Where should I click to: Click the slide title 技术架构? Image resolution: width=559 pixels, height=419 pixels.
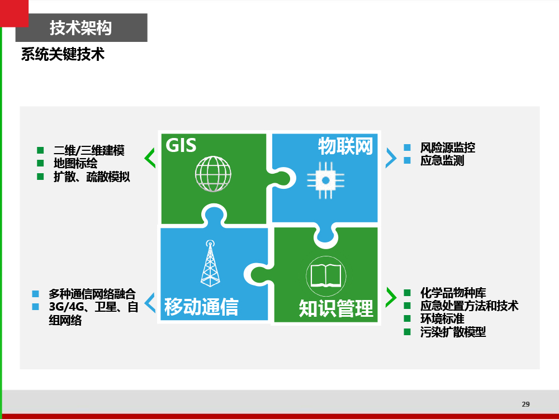click(80, 28)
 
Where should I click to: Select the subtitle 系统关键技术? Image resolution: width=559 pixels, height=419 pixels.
click(63, 55)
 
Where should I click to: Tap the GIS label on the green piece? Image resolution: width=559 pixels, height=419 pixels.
click(181, 145)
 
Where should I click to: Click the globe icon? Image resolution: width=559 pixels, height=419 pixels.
click(213, 174)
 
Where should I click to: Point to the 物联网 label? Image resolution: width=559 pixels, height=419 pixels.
click(345, 146)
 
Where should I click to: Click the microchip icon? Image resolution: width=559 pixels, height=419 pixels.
click(325, 180)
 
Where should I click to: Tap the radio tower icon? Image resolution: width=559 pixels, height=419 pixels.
click(210, 263)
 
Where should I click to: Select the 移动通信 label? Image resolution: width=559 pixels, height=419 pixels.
click(201, 307)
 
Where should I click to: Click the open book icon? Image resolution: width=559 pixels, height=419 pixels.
click(326, 276)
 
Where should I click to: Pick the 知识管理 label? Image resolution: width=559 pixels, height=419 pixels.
click(336, 308)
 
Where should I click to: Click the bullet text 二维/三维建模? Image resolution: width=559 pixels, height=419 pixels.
click(89, 150)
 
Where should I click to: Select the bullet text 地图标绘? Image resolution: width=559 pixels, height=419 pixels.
click(75, 164)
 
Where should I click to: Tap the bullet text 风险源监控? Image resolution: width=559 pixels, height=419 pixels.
click(448, 147)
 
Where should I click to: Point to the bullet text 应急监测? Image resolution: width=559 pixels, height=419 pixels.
click(442, 161)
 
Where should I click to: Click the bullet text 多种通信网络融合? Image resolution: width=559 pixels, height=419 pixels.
click(92, 294)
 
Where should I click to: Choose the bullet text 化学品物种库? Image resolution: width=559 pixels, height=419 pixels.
click(453, 293)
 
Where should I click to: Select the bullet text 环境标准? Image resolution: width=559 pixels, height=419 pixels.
click(442, 319)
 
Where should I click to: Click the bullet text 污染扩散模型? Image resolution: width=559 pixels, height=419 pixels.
click(453, 332)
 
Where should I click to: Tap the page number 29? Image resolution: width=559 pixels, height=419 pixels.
click(526, 404)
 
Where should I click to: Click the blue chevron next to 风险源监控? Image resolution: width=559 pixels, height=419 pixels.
click(391, 158)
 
